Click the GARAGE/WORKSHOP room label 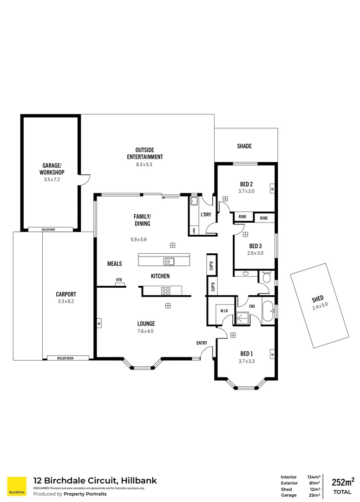(x=51, y=169)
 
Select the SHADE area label (x=244, y=146)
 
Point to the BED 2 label (x=246, y=183)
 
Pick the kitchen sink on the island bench (x=170, y=261)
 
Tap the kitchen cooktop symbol (x=165, y=291)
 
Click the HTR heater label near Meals (x=119, y=280)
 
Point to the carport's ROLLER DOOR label (x=65, y=358)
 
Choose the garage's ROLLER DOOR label (x=50, y=229)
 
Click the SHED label (x=318, y=298)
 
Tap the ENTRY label (x=202, y=343)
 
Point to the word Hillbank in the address (x=137, y=481)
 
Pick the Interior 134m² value (x=314, y=477)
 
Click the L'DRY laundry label (x=206, y=214)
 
